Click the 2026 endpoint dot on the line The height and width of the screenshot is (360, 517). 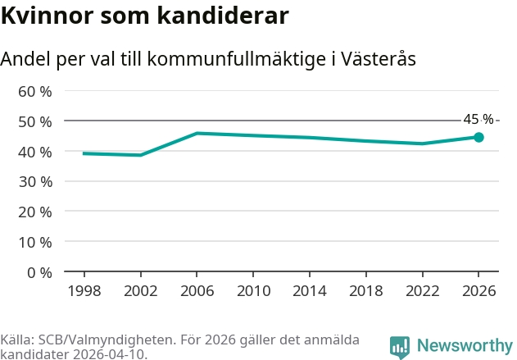(x=478, y=137)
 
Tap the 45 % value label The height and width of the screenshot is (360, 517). (x=478, y=119)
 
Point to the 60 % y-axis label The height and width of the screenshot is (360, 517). (x=35, y=91)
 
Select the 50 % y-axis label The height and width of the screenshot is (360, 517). (x=35, y=121)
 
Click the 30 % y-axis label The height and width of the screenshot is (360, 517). (x=35, y=182)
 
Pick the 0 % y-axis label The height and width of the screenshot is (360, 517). (x=39, y=273)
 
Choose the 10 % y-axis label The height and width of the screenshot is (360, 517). (x=35, y=243)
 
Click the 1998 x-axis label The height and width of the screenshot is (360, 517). (x=84, y=291)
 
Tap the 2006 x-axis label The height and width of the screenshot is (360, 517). (x=197, y=291)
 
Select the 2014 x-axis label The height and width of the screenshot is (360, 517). (x=310, y=291)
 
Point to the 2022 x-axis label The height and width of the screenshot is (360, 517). (x=423, y=291)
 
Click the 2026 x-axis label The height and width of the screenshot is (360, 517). (x=478, y=291)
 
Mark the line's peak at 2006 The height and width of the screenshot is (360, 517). (x=197, y=134)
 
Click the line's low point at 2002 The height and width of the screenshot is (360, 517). (x=141, y=155)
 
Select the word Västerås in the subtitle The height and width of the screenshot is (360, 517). (x=378, y=59)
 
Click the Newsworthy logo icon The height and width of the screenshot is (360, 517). (x=400, y=348)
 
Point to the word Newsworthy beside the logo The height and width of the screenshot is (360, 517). (x=465, y=345)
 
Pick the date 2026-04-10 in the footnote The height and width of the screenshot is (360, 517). (x=109, y=354)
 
